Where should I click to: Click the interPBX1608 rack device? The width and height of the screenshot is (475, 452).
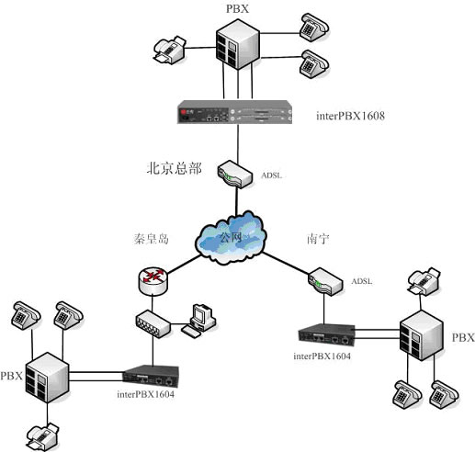pos(234,112)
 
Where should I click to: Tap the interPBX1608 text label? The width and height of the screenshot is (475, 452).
pos(350,116)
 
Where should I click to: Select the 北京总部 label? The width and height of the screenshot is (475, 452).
pos(175,168)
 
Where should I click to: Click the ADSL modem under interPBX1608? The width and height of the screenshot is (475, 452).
pos(235,175)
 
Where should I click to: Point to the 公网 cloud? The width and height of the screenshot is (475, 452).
pos(232,237)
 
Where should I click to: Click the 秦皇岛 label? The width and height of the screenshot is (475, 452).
pos(152,239)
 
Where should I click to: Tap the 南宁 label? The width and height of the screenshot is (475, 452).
pos(318,239)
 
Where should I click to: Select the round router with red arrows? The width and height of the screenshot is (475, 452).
pos(153,281)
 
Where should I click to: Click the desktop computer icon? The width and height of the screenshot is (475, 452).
pos(198,321)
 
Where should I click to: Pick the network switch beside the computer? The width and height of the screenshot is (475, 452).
pos(153,323)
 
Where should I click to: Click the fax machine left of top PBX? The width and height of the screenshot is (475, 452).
pos(169,50)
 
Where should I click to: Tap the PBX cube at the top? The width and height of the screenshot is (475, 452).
pos(238,44)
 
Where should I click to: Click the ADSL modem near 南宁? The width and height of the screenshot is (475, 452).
pos(325,281)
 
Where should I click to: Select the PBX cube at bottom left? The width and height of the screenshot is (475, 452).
pos(47,378)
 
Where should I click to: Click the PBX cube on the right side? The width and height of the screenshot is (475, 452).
pos(422,335)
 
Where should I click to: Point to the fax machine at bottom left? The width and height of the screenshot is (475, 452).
pos(42,437)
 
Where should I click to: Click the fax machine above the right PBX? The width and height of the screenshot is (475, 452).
pos(424,281)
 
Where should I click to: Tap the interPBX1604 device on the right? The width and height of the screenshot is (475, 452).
pos(327,335)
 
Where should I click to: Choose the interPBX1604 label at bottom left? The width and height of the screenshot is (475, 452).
pos(145,394)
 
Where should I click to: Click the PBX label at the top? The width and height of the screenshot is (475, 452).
pos(237,8)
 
